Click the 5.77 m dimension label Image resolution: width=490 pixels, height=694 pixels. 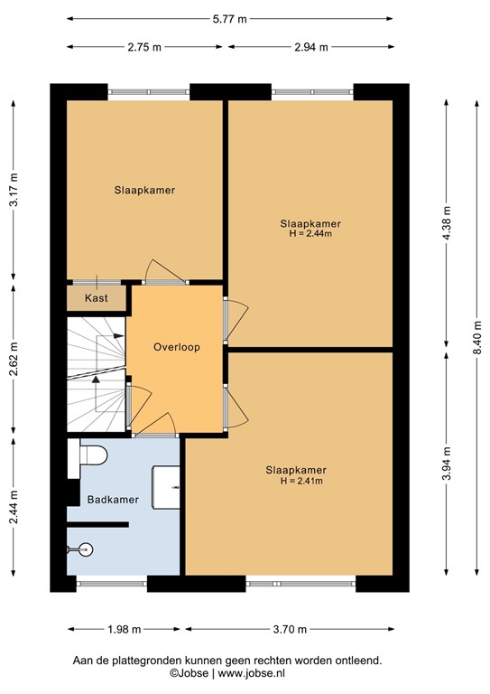pos(229,17)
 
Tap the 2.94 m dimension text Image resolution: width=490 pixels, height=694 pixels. pos(310,48)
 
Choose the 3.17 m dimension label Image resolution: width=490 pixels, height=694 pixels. pos(14,191)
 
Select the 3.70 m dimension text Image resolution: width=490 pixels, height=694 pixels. pos(289,629)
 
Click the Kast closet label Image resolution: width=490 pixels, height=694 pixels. pos(96,298)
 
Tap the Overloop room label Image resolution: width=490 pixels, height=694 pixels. pos(176,347)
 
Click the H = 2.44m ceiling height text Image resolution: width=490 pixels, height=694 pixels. pos(310,233)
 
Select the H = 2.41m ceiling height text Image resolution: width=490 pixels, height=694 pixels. pos(297,481)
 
